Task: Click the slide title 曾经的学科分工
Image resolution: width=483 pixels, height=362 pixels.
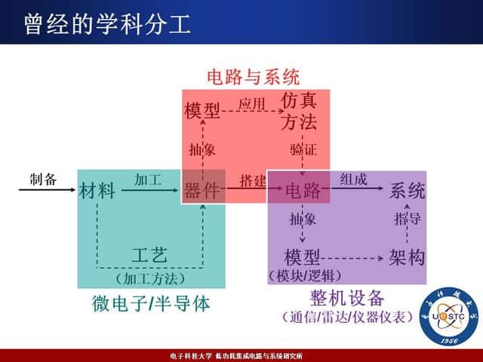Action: point(106,23)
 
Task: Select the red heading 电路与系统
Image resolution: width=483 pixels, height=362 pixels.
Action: point(254,76)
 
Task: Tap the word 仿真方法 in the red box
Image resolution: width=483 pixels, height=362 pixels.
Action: point(298,111)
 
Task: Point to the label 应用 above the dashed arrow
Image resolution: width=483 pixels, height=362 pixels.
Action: point(251,103)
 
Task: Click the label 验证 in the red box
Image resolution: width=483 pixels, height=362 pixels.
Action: point(303,149)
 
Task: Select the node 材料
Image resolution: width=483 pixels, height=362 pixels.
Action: point(97,191)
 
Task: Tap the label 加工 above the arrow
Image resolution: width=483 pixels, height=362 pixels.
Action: point(148,179)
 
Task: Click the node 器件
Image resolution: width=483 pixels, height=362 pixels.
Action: point(202,191)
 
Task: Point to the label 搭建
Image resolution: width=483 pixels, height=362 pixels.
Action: point(253,181)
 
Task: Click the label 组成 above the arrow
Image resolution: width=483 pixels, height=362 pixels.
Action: point(353,179)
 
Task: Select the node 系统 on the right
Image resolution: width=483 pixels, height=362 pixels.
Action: point(407,191)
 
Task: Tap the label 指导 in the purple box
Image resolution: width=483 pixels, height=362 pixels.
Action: point(408,219)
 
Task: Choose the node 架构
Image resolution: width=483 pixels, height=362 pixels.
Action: point(407,258)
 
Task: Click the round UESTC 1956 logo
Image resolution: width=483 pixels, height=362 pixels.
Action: point(450,318)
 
